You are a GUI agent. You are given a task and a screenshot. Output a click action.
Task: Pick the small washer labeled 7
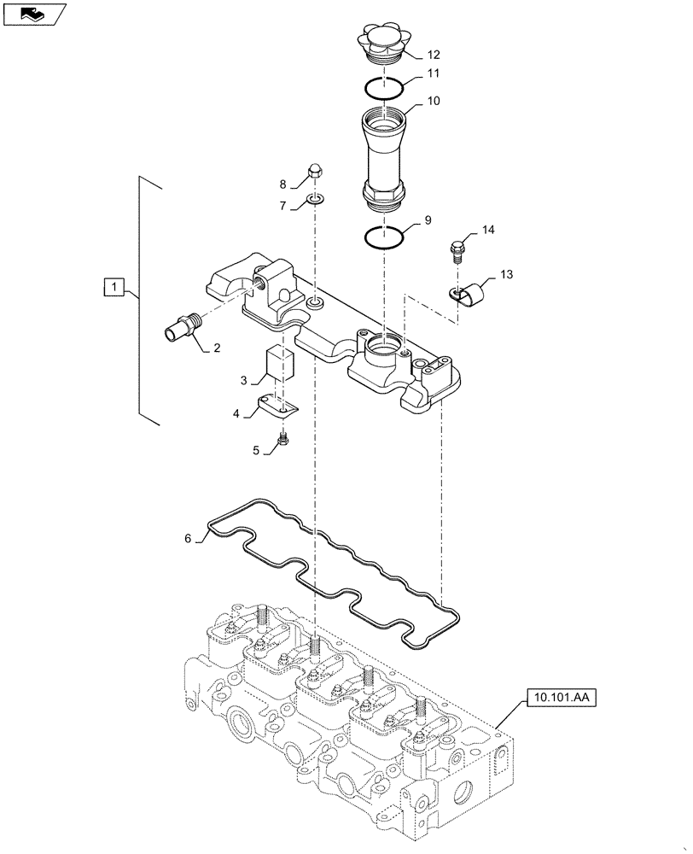click(315, 202)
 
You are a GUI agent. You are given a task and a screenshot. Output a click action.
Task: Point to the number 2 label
click(217, 348)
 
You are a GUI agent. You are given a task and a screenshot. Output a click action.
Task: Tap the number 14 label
click(487, 230)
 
